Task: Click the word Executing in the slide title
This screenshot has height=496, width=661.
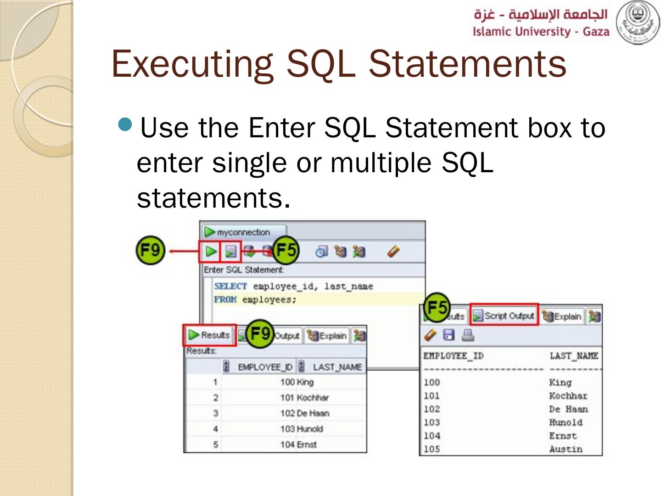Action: coord(192,64)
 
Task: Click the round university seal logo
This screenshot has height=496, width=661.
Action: coord(637,22)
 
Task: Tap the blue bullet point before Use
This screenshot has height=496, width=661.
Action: coord(125,124)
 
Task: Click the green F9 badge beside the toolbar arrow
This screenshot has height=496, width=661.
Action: coord(150,250)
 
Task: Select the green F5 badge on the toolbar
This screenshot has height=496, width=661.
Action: coord(286,250)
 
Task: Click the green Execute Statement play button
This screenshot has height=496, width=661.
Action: coord(211,251)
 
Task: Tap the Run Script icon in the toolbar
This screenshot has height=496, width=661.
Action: coord(230,251)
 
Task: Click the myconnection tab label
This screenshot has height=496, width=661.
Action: coord(243,232)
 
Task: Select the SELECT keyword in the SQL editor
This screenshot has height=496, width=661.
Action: coord(230,286)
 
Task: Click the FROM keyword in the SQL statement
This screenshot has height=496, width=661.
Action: coord(225,300)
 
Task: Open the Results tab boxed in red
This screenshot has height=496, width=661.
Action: coord(209,335)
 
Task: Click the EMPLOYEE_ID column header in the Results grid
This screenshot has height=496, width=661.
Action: coord(264,367)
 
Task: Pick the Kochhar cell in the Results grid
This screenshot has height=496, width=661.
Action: coord(313,398)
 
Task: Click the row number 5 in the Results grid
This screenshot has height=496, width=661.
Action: coord(215,445)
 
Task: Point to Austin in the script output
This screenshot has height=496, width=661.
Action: coord(566,449)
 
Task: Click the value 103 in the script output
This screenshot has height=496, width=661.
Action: coord(431,423)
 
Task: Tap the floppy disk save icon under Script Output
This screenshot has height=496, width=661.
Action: coord(448,335)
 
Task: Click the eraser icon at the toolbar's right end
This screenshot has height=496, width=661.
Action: coord(393,251)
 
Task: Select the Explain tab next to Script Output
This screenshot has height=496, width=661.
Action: coord(562,316)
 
